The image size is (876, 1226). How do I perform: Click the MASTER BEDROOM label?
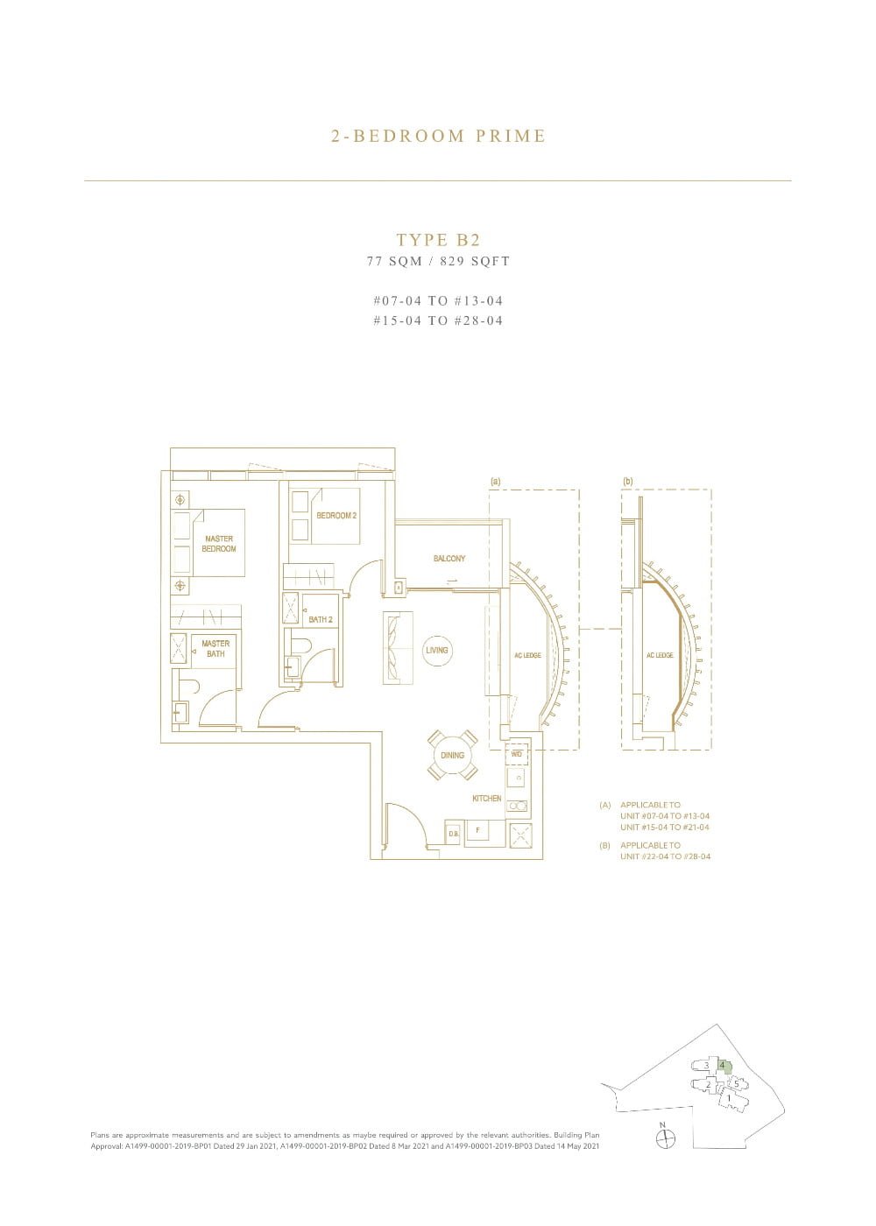tap(218, 544)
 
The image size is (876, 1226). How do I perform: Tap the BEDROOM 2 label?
tap(336, 516)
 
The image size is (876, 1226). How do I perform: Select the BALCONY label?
tap(449, 559)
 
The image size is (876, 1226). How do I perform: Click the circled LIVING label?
tap(436, 651)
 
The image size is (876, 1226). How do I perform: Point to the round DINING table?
tap(453, 755)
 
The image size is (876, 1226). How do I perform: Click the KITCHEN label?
tap(487, 799)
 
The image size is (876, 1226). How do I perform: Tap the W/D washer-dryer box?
tap(517, 754)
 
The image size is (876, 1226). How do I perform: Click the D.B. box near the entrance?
tap(454, 834)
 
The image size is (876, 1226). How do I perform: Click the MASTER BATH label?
tap(215, 649)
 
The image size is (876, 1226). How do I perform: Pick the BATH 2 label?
tap(321, 620)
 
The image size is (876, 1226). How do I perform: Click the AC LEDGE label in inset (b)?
tap(660, 656)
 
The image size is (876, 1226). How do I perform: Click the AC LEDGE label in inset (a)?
tap(527, 656)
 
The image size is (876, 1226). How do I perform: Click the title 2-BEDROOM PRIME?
tap(438, 136)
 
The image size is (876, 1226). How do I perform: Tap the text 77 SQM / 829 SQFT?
tap(438, 261)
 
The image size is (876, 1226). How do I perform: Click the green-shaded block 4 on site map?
tap(724, 1067)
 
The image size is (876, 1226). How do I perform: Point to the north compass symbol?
tap(667, 1138)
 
